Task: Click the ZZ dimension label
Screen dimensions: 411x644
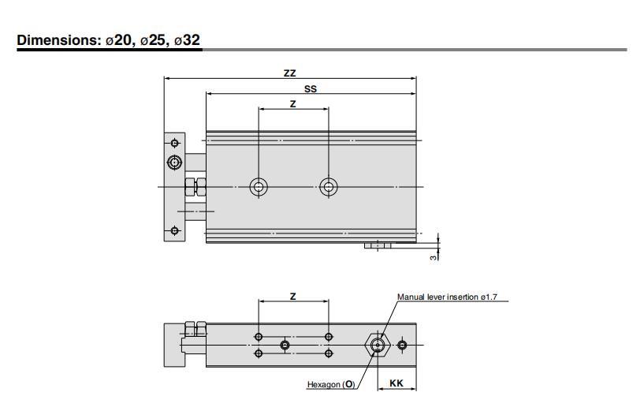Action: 289,73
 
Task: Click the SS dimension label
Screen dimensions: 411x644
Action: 311,89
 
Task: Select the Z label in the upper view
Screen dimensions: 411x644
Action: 292,103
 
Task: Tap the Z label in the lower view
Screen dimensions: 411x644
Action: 292,296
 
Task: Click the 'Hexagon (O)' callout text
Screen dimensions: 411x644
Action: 331,385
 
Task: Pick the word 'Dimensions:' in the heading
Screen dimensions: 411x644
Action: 59,40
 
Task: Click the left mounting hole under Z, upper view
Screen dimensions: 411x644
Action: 259,187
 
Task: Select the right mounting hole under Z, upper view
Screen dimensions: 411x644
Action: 329,187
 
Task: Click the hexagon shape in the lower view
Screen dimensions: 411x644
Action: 378,346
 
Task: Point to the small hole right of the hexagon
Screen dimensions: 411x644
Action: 403,346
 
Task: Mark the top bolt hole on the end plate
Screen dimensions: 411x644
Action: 174,143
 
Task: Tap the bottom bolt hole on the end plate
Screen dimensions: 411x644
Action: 174,231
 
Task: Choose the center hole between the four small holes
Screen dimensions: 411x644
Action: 285,346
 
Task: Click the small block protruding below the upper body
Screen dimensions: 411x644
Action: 378,246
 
